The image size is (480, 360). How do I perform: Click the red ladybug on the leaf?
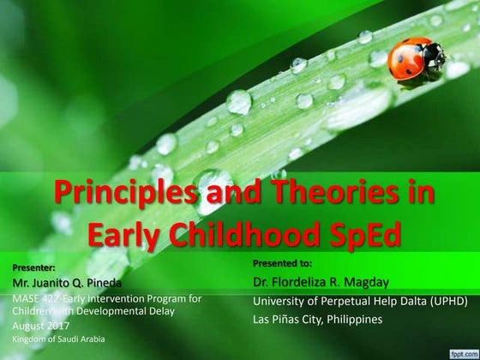[417, 58]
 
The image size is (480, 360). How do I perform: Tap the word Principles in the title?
[118, 194]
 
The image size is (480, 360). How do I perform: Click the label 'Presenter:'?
[34, 267]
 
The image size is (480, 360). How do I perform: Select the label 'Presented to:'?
[282, 262]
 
